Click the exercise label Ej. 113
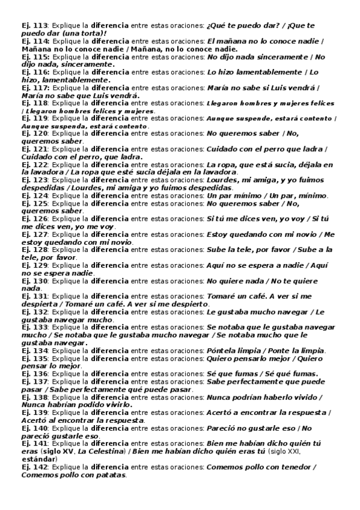(x=34, y=25)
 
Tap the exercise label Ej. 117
(x=34, y=87)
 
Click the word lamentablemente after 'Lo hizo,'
(x=72, y=80)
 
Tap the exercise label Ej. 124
(x=34, y=196)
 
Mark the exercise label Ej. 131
(x=34, y=297)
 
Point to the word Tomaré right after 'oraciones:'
(x=221, y=297)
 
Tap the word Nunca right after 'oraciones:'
(x=219, y=398)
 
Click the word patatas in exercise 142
(x=111, y=476)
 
